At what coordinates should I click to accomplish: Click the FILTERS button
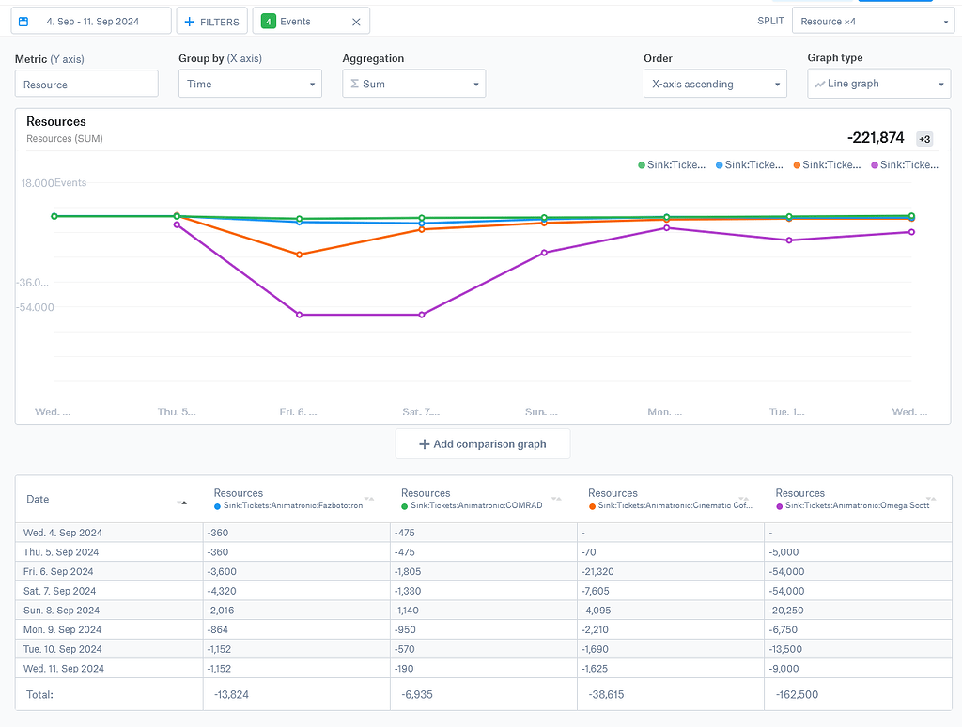211,22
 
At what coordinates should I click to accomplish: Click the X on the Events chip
356,22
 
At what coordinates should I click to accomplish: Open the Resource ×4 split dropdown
872,22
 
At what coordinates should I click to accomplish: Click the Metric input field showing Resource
86,85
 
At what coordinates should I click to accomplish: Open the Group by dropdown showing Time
250,85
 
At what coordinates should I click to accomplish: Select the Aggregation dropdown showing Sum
413,85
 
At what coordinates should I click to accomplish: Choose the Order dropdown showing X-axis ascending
715,85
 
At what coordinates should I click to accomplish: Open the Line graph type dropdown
879,85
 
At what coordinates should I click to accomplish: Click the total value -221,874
876,138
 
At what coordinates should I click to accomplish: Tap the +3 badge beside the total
924,139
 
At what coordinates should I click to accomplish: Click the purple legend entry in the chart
906,165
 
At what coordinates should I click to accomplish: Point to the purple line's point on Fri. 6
300,315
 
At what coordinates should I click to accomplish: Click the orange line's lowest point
300,255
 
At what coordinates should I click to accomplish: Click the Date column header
38,500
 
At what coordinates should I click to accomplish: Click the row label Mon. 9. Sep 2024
64,630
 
